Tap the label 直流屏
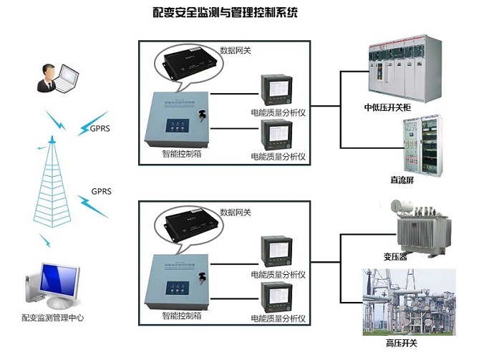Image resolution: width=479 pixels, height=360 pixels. coord(402,181)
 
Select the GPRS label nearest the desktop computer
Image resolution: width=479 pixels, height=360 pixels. coord(101,192)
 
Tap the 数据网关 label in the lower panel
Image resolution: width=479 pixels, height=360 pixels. coord(235,213)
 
